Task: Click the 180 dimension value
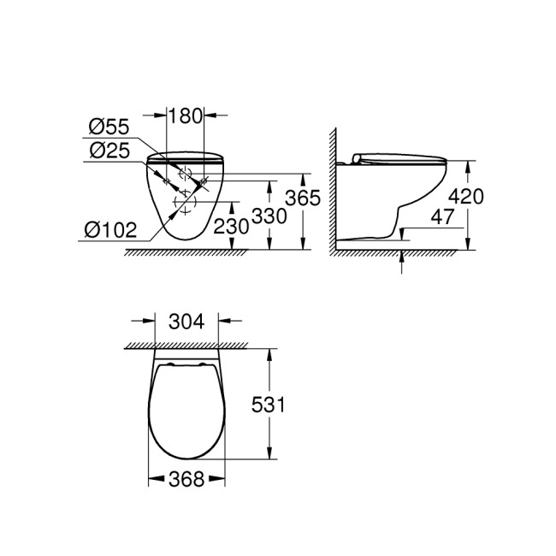185,114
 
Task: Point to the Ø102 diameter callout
109,229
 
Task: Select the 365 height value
303,198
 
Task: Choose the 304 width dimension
186,322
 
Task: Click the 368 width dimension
186,481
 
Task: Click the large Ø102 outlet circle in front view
184,203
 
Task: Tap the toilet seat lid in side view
397,156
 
